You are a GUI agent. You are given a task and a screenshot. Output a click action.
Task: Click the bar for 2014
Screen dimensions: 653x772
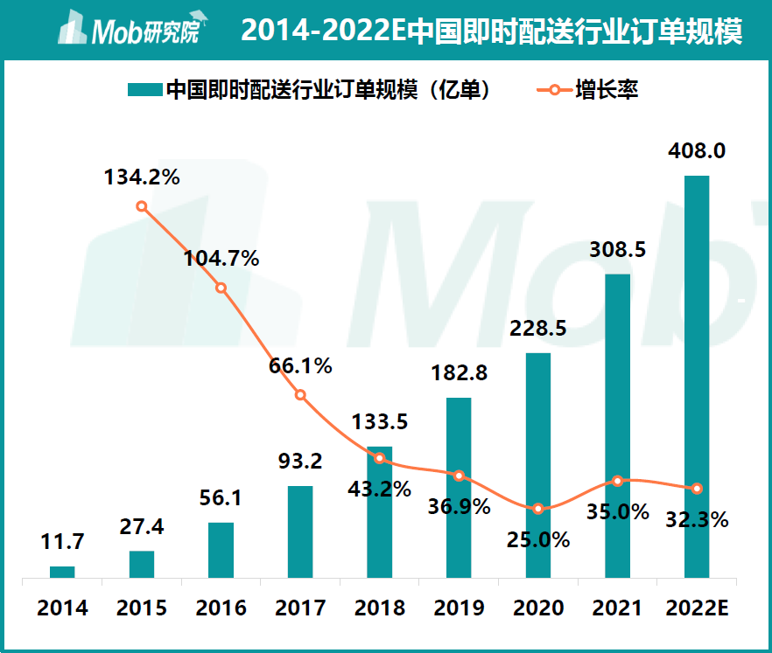point(62,572)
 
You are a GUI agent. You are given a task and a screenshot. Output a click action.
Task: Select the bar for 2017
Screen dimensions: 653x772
point(300,531)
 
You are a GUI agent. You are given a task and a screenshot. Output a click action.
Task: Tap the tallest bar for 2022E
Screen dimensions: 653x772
point(697,376)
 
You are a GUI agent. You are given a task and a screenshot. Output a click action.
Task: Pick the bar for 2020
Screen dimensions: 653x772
point(538,465)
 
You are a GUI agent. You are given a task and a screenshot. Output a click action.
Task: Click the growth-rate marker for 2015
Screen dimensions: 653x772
point(142,206)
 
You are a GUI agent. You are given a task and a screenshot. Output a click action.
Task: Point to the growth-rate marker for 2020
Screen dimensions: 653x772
point(538,509)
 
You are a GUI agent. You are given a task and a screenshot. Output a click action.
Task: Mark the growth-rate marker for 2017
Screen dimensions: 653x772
point(300,395)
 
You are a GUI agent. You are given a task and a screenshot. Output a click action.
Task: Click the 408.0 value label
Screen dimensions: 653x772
point(697,151)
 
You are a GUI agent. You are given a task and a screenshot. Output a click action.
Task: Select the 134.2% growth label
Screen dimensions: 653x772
point(142,177)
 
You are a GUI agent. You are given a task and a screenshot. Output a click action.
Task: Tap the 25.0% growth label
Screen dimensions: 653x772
point(538,538)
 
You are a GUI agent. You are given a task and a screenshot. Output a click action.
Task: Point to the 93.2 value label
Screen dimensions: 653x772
point(300,460)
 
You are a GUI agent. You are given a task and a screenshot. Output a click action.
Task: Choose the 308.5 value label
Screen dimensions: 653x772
point(617,250)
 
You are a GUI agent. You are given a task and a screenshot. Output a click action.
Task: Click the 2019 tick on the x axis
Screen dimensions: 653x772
point(459,608)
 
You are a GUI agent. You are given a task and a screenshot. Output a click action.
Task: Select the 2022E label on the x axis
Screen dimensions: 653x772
point(697,608)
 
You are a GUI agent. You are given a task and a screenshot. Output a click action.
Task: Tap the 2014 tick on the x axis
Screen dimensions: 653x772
point(62,608)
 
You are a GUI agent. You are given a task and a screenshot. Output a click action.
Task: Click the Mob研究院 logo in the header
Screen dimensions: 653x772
point(129,32)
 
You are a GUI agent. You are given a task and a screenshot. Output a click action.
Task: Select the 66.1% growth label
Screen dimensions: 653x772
point(300,366)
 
